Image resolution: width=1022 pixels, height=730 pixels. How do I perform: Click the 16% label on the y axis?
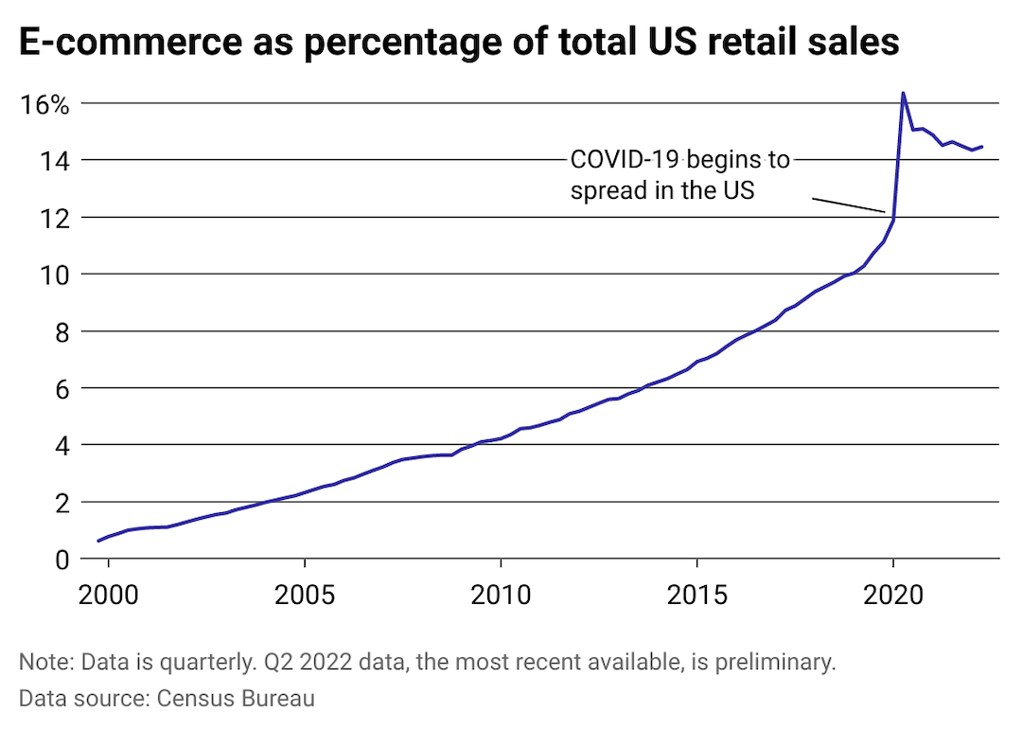(x=44, y=104)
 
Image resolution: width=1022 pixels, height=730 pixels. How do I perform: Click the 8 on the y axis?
(x=63, y=331)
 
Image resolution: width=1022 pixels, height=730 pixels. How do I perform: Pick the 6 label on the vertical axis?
(x=63, y=388)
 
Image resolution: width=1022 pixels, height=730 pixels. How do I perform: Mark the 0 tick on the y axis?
(x=63, y=559)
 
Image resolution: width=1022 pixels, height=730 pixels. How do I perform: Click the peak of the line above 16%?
(x=903, y=93)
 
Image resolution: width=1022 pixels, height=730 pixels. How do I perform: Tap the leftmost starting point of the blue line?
(x=98, y=541)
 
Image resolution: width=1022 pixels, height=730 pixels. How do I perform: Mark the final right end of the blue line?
(x=982, y=147)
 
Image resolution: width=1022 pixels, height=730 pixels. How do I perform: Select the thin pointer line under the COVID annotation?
(x=849, y=205)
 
